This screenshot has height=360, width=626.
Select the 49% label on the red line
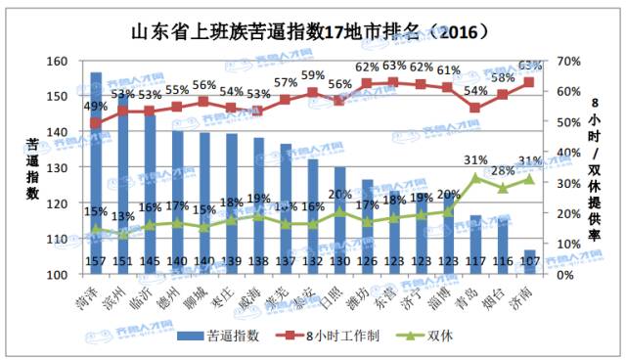pyautogui.click(x=96, y=107)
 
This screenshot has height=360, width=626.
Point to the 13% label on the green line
pyautogui.click(x=123, y=216)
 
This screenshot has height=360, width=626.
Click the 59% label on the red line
pyautogui.click(x=313, y=75)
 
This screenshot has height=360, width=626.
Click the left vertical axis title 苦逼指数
pyautogui.click(x=31, y=168)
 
